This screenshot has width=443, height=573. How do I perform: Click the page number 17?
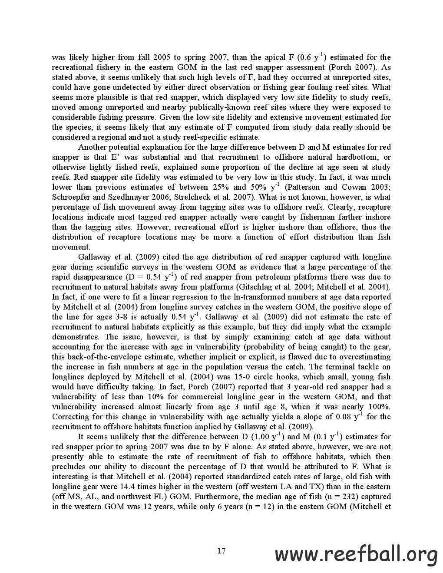(221, 551)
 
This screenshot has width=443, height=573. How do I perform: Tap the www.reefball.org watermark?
(357, 555)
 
